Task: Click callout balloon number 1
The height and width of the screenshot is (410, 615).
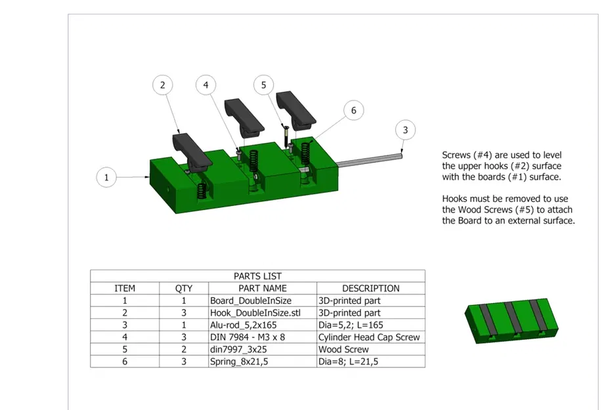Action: tap(106, 177)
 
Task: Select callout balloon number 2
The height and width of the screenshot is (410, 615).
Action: tap(162, 85)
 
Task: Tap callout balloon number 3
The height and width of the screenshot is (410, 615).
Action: tap(405, 130)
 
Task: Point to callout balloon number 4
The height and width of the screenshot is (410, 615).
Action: tap(206, 85)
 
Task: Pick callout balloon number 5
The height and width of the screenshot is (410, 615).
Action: tap(264, 85)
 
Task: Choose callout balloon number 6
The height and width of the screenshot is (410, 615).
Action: tap(353, 110)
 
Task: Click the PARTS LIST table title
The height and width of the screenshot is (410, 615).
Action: tap(257, 276)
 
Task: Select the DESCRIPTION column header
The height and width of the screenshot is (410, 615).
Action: tap(370, 288)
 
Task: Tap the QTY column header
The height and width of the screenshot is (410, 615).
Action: tap(184, 288)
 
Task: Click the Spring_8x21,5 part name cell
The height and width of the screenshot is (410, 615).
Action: tap(241, 361)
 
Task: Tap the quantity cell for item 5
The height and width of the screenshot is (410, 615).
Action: tap(184, 350)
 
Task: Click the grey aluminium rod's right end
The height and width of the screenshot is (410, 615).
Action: tap(400, 155)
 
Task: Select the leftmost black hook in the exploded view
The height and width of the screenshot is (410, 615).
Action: tap(191, 151)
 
